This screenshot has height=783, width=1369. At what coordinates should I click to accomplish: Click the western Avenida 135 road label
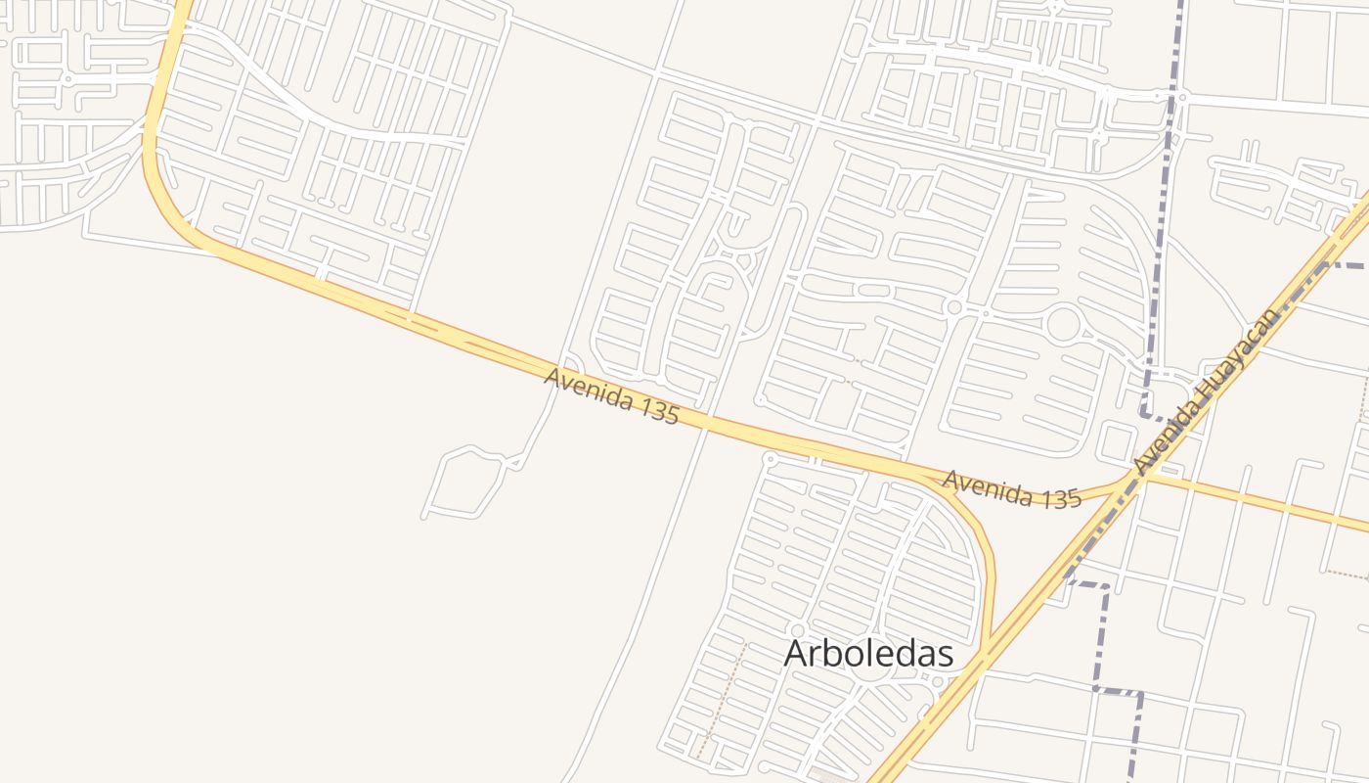click(x=611, y=395)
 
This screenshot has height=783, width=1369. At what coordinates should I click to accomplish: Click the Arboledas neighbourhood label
click(x=868, y=653)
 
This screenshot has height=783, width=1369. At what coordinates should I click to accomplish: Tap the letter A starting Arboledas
click(x=798, y=653)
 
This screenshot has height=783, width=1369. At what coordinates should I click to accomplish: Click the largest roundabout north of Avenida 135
click(x=1063, y=324)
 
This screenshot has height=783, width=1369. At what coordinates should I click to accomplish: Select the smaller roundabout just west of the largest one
click(x=954, y=307)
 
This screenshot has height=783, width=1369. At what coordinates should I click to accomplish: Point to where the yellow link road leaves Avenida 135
click(x=934, y=477)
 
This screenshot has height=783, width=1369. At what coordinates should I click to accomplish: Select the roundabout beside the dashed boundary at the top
click(x=1182, y=97)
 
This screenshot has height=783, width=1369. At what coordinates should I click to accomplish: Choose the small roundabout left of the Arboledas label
click(x=798, y=631)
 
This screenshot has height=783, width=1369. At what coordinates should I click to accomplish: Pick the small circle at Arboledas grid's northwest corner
click(x=770, y=457)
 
